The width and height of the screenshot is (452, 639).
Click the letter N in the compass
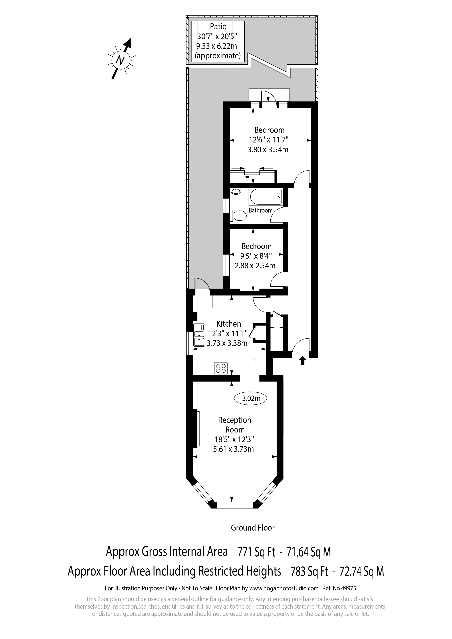click(x=120, y=60)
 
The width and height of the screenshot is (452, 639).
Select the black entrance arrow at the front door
click(x=303, y=361)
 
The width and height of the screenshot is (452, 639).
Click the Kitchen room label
click(x=229, y=324)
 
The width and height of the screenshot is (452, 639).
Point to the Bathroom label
click(x=261, y=210)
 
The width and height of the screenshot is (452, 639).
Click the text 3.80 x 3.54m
click(x=268, y=150)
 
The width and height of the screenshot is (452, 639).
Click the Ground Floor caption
click(x=253, y=528)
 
